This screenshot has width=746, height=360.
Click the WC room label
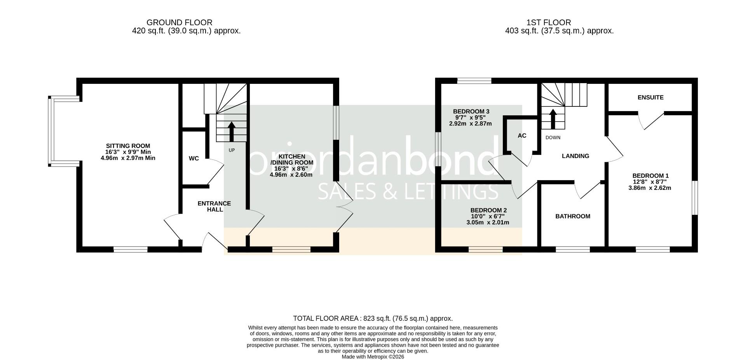[193, 158]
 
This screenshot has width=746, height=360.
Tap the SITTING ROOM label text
[128, 146]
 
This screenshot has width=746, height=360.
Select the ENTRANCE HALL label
[214, 206]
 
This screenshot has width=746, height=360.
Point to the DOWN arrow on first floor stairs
[553, 118]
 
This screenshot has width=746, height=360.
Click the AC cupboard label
[522, 136]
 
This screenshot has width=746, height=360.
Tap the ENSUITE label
[650, 97]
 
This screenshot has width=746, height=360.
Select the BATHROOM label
[572, 216]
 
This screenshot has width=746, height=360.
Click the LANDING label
[575, 156]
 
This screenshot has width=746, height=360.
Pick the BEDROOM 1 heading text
[650, 176]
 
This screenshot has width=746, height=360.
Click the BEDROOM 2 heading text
[488, 210]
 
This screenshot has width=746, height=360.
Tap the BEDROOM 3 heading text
[471, 111]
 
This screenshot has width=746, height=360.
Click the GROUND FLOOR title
[180, 23]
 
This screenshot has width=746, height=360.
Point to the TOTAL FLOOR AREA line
[373, 318]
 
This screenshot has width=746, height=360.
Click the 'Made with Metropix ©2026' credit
[373, 357]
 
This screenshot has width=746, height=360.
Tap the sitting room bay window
[52, 131]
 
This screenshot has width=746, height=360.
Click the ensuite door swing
[651, 121]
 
